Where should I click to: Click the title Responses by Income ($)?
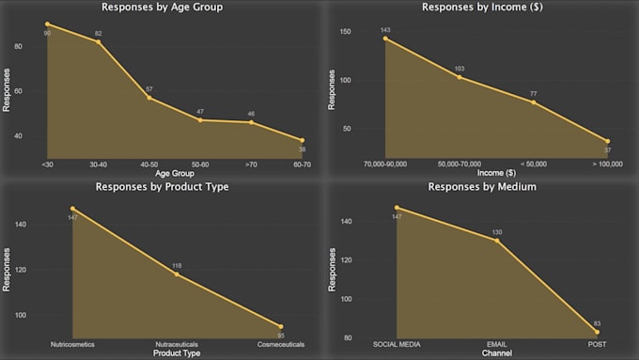479,8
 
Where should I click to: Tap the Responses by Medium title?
481,186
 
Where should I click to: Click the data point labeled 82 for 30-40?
98,41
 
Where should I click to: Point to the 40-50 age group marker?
148,98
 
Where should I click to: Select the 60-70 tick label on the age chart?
302,164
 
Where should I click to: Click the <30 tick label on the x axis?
47,164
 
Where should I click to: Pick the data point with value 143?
385,38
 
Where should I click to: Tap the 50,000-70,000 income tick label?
459,164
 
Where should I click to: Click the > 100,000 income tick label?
607,164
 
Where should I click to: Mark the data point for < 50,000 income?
533,102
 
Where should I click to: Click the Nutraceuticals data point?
177,274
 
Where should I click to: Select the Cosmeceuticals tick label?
281,345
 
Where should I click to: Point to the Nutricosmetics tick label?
72,345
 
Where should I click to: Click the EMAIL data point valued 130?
497,241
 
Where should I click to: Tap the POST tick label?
597,345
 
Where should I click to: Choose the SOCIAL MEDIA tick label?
397,345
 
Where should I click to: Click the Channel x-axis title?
496,353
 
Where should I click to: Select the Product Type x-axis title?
177,353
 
